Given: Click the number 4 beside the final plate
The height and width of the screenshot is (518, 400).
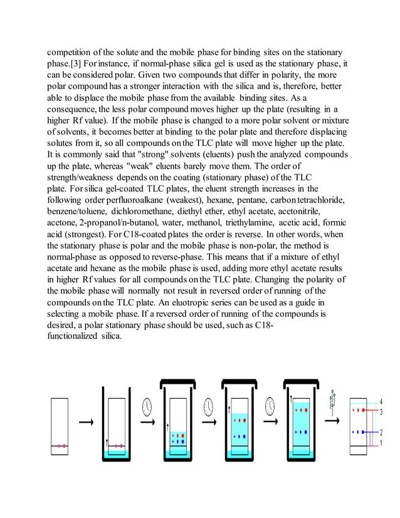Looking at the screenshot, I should tap(381, 402).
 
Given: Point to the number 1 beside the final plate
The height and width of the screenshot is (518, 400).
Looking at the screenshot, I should tap(381, 443).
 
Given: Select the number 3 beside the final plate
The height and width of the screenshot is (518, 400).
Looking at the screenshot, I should tap(381, 411).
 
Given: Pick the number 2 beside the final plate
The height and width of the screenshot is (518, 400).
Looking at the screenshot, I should tap(381, 432).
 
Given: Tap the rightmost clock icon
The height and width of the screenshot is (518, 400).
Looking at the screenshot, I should tap(270, 406).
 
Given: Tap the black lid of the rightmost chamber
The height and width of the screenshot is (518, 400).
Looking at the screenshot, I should tap(301, 381).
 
